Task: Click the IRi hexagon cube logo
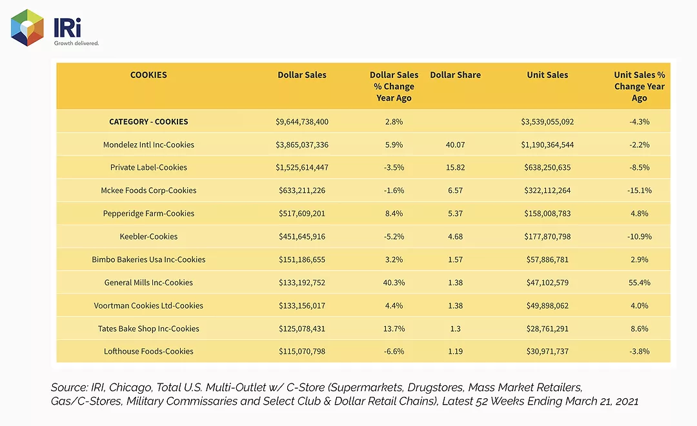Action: point(28,28)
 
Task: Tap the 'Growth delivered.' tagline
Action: point(76,43)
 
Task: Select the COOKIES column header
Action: point(148,75)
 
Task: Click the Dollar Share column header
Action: point(455,75)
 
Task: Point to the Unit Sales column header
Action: point(547,75)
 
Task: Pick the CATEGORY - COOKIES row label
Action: point(148,121)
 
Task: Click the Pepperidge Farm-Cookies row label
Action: point(148,214)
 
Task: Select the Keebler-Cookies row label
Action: point(148,237)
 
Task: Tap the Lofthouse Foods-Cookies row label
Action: point(148,351)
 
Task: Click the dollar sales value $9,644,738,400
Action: point(302,122)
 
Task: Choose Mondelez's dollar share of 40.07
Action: point(455,145)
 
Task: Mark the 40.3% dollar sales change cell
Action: point(394,282)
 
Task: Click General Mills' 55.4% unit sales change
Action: point(639,282)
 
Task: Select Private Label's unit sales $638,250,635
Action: point(547,168)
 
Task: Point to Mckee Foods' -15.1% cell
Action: point(639,190)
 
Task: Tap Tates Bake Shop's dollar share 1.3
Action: point(455,329)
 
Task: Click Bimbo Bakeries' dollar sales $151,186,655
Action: point(302,259)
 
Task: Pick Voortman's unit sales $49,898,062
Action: point(547,306)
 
